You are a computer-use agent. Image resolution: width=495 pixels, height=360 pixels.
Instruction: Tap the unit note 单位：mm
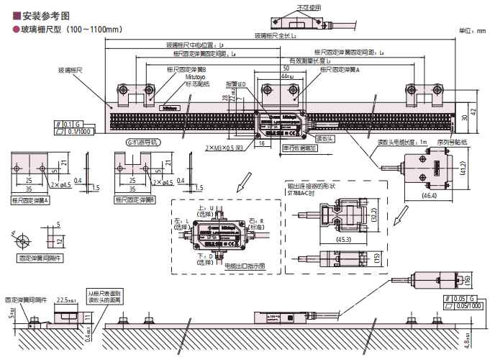coord(472,32)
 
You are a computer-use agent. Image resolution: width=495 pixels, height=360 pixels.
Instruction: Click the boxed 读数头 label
coord(324,138)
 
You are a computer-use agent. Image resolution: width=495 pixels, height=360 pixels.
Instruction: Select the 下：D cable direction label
coord(207,256)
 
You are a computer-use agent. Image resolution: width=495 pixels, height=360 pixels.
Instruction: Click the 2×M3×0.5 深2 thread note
coord(224,147)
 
